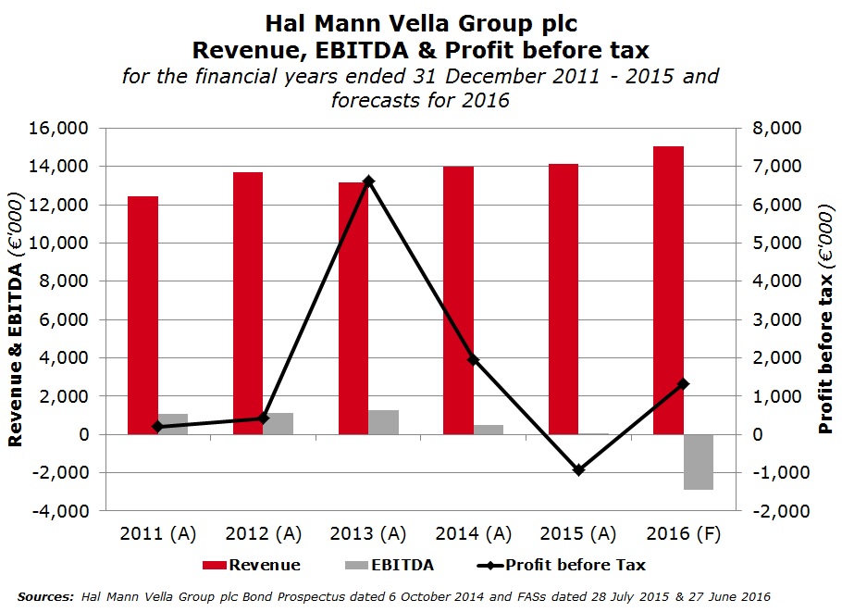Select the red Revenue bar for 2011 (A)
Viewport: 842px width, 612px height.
click(x=142, y=315)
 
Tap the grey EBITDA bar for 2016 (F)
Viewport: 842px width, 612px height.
click(x=699, y=461)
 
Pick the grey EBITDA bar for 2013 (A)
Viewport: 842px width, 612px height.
click(x=384, y=422)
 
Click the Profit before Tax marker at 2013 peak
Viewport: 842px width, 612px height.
click(x=368, y=181)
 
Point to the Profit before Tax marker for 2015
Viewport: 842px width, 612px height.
click(x=578, y=470)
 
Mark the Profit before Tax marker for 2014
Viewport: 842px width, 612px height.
click(x=473, y=359)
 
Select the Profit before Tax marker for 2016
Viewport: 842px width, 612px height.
click(x=684, y=383)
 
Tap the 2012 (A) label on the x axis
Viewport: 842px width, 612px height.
click(x=263, y=534)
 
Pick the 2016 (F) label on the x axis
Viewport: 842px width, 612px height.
click(x=684, y=534)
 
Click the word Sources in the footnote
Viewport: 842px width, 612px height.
click(x=45, y=597)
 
